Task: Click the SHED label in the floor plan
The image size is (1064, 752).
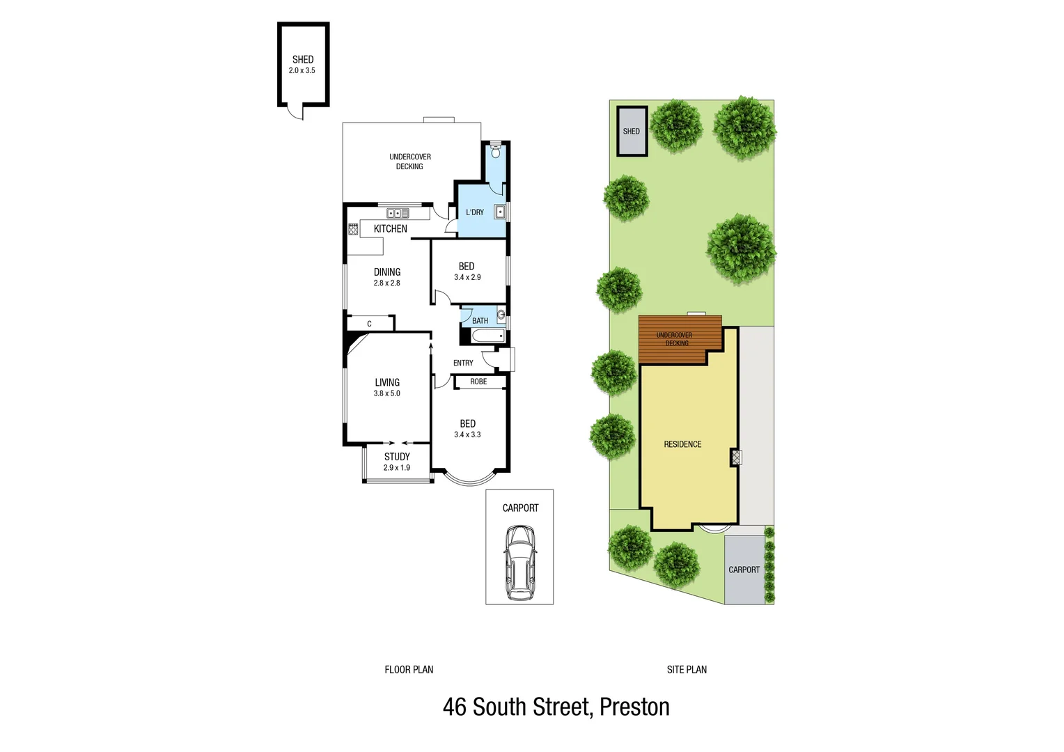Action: pyautogui.click(x=303, y=60)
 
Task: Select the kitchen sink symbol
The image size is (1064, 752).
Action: pyautogui.click(x=398, y=214)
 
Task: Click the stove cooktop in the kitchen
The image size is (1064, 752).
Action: pyautogui.click(x=353, y=228)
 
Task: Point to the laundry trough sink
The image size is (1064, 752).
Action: pyautogui.click(x=500, y=212)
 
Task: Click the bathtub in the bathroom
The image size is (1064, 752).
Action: pyautogui.click(x=488, y=336)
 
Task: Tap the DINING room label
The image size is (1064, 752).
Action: pyautogui.click(x=387, y=272)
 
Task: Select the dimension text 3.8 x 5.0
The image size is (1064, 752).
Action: pyautogui.click(x=387, y=393)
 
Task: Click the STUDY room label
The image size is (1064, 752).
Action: pyautogui.click(x=397, y=457)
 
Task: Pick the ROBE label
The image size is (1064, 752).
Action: pyautogui.click(x=478, y=382)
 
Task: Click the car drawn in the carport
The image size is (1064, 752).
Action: pyautogui.click(x=519, y=563)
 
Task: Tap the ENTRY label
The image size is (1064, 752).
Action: pyautogui.click(x=463, y=363)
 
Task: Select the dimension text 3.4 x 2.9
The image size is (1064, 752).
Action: pyautogui.click(x=467, y=277)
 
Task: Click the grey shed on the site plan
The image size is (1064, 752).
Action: pyautogui.click(x=632, y=131)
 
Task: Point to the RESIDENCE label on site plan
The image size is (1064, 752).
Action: pyautogui.click(x=682, y=444)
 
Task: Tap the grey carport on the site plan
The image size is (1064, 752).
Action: pyautogui.click(x=744, y=570)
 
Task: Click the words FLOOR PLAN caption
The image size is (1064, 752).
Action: pyautogui.click(x=409, y=669)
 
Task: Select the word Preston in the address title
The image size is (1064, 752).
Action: pyautogui.click(x=634, y=707)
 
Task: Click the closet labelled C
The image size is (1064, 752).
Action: pyautogui.click(x=369, y=323)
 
